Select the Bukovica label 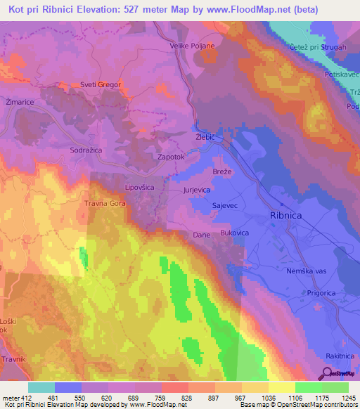(x=235, y=231)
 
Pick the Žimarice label (x=20, y=102)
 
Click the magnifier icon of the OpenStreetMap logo (x=326, y=373)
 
